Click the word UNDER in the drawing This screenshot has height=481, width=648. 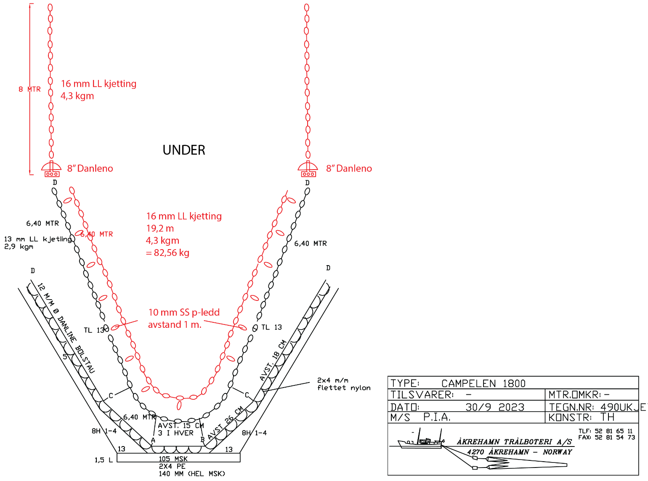184,150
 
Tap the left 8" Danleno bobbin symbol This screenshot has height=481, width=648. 51,169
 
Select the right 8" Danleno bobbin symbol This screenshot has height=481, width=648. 308,169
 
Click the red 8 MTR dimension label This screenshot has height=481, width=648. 29,89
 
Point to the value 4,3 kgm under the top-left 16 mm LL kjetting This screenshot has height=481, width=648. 77,96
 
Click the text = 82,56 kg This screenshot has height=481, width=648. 167,253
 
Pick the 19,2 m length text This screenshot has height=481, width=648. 160,229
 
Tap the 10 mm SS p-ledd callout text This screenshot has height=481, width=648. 184,312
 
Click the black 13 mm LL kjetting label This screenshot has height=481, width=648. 38,239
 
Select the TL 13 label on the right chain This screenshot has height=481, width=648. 271,327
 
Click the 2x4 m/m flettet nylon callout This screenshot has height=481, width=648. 344,384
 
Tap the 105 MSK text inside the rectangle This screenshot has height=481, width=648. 173,459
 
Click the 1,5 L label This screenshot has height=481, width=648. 104,460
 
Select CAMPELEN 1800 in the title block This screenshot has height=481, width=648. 483,383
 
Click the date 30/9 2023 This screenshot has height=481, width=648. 495,407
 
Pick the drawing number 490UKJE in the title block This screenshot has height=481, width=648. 622,407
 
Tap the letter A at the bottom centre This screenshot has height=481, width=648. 153,440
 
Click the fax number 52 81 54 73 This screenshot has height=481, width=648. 614,437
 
